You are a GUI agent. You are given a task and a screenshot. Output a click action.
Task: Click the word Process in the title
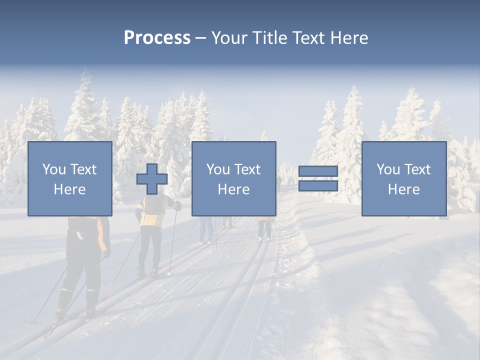pyautogui.click(x=157, y=37)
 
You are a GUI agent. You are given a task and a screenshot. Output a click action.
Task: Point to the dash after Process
pyautogui.click(x=201, y=38)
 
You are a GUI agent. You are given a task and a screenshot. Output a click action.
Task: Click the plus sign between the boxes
pyautogui.click(x=152, y=179)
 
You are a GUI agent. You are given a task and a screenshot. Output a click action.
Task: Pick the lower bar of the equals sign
pyautogui.click(x=318, y=186)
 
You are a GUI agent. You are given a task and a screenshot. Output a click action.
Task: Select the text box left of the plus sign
pyautogui.click(x=69, y=178)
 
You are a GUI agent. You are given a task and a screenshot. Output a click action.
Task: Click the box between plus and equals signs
pyautogui.click(x=233, y=178)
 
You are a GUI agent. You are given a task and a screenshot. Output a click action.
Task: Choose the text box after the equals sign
pyautogui.click(x=403, y=178)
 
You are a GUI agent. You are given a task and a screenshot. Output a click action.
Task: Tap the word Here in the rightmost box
pyautogui.click(x=403, y=189)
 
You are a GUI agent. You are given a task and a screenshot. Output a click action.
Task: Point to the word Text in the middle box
pyautogui.click(x=248, y=169)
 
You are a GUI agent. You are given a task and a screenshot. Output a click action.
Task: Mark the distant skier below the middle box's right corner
pyautogui.click(x=264, y=228)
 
